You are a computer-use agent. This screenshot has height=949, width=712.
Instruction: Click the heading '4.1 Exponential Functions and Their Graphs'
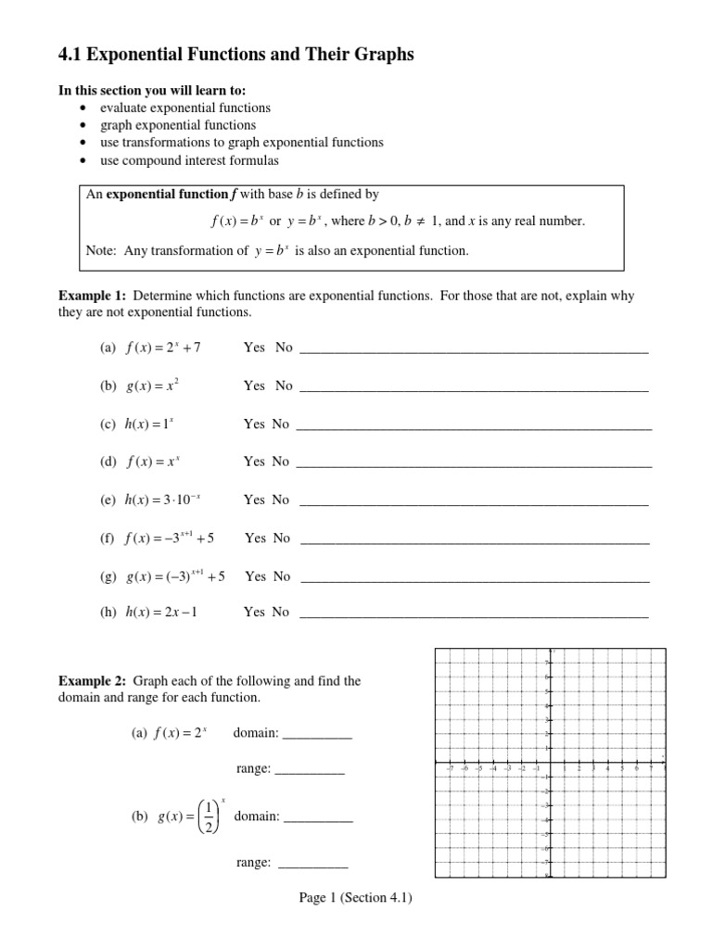click(x=236, y=56)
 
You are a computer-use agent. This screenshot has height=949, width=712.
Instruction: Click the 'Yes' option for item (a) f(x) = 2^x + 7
click(x=254, y=348)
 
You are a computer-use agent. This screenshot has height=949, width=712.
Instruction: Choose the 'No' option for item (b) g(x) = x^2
click(x=283, y=386)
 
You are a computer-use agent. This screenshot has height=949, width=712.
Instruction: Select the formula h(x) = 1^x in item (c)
click(x=149, y=424)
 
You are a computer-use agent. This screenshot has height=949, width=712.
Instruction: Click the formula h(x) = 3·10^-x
click(x=162, y=500)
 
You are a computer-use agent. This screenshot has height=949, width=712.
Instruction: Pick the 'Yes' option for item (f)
click(x=255, y=538)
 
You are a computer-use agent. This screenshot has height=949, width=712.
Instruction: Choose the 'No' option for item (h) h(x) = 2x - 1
click(x=280, y=612)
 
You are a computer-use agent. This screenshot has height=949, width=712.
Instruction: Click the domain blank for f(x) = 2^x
click(x=317, y=735)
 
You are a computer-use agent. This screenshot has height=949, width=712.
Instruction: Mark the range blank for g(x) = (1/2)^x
click(x=312, y=865)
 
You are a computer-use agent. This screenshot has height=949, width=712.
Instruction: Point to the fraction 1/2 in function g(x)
click(x=210, y=816)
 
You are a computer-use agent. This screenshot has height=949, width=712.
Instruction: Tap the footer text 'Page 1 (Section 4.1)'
click(x=355, y=897)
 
